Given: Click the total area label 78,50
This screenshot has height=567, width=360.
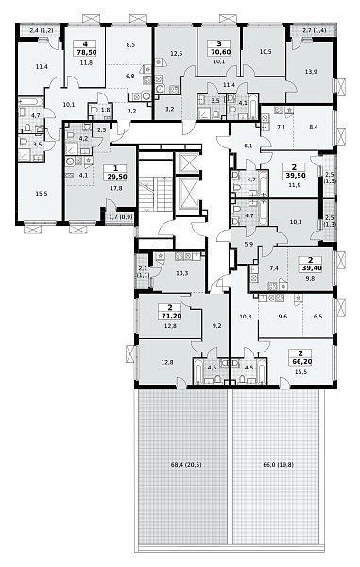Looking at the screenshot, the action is tap(85, 52).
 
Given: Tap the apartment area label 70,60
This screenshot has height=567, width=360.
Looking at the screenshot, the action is tap(219, 52).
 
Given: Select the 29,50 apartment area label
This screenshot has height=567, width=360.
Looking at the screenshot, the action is tap(115, 177).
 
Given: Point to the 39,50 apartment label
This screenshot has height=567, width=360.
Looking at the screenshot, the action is tap(294, 176).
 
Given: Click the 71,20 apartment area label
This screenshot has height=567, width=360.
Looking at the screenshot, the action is tap(170, 316).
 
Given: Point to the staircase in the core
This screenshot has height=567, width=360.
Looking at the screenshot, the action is tap(155, 194).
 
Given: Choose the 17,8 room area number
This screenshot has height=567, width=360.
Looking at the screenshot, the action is tap(116, 188).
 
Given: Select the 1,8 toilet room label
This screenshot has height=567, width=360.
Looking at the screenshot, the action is tap(105, 109).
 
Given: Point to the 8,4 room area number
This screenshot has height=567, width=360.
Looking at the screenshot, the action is tap(314, 127).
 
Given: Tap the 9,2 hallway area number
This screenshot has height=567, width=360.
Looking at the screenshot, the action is tap(217, 326).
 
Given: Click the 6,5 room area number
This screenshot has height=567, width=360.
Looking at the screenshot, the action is tap(317, 317).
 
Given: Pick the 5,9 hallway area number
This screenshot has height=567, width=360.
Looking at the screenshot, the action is tap(249, 244).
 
